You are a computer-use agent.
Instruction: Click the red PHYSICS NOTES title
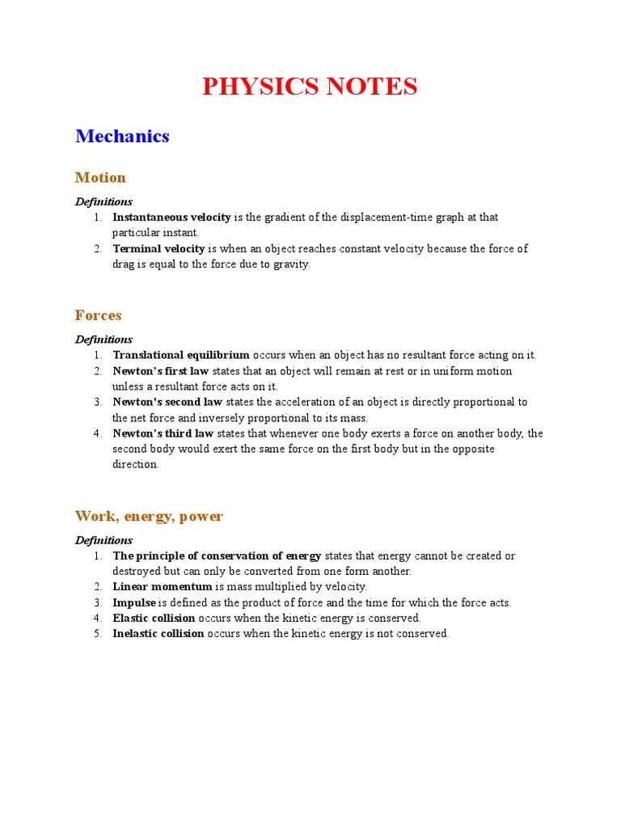coord(310,87)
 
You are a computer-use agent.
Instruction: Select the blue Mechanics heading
coord(122,136)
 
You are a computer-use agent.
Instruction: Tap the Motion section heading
coord(100,177)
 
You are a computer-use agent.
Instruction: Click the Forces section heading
coord(99,315)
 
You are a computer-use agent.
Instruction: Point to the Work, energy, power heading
coord(149,516)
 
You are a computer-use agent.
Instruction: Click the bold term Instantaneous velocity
coord(171,218)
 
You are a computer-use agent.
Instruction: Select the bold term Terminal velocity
coord(158,248)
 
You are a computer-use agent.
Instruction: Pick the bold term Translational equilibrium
coord(181,355)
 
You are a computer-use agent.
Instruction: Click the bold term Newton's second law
coord(167,402)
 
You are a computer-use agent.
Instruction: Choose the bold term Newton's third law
coord(163,433)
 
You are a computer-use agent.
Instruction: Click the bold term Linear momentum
coord(162,586)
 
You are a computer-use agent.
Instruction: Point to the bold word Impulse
coord(134,602)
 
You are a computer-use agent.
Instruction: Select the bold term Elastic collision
coord(154,618)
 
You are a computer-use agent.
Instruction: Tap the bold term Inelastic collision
coord(158,633)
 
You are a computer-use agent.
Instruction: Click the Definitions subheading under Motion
coord(103,201)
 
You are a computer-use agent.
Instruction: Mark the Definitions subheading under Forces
coord(103,340)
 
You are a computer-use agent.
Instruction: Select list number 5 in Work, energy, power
coord(96,633)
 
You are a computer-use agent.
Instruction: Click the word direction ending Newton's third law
coord(135,464)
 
